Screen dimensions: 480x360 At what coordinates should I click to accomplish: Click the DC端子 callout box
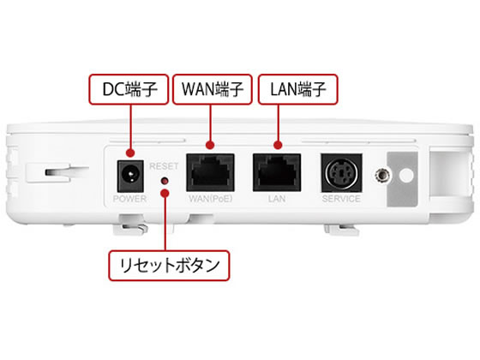[129, 89]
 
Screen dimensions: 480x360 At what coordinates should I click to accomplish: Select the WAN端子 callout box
[213, 89]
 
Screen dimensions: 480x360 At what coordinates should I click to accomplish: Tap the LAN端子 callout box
[298, 89]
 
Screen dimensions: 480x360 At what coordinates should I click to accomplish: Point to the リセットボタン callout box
[169, 266]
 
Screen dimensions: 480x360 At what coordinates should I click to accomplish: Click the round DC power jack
[130, 177]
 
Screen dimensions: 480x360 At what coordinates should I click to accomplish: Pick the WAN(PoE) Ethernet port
[210, 172]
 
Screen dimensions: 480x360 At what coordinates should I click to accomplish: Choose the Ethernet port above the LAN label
[277, 172]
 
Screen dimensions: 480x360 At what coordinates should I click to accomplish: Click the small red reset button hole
[165, 181]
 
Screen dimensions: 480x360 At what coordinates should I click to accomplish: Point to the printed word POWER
[129, 199]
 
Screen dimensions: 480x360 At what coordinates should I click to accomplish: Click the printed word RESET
[164, 166]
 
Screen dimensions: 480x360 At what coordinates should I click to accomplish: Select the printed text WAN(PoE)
[211, 199]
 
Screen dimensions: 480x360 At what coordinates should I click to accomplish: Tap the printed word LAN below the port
[277, 199]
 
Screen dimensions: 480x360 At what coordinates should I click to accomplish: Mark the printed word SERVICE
[341, 199]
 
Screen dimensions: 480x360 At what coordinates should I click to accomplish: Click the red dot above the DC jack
[130, 153]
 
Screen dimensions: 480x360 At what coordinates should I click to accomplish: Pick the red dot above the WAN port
[210, 145]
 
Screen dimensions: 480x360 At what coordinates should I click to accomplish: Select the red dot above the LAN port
[278, 145]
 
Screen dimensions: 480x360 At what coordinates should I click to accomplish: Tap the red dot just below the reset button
[165, 193]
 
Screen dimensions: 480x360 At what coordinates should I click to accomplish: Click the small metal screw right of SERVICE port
[382, 176]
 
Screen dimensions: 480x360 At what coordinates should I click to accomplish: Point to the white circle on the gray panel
[406, 176]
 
